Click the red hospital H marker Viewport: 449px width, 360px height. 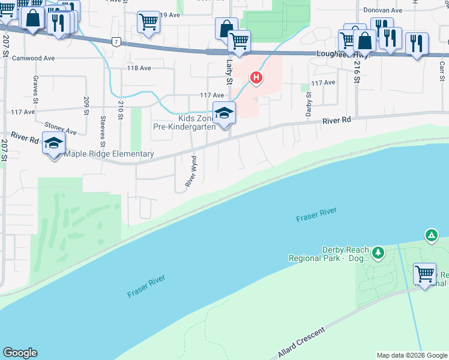(x=256, y=77)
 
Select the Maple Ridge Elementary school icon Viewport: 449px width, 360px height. (x=53, y=143)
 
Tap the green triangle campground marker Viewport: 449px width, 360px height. (x=431, y=235)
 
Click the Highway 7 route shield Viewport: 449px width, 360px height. (x=116, y=41)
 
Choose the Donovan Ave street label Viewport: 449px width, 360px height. (x=382, y=10)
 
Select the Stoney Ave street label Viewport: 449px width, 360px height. (x=61, y=129)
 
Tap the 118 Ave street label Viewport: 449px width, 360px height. (x=139, y=68)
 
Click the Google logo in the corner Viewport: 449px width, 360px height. (x=20, y=353)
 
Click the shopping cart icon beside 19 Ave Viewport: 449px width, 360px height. (x=148, y=22)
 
